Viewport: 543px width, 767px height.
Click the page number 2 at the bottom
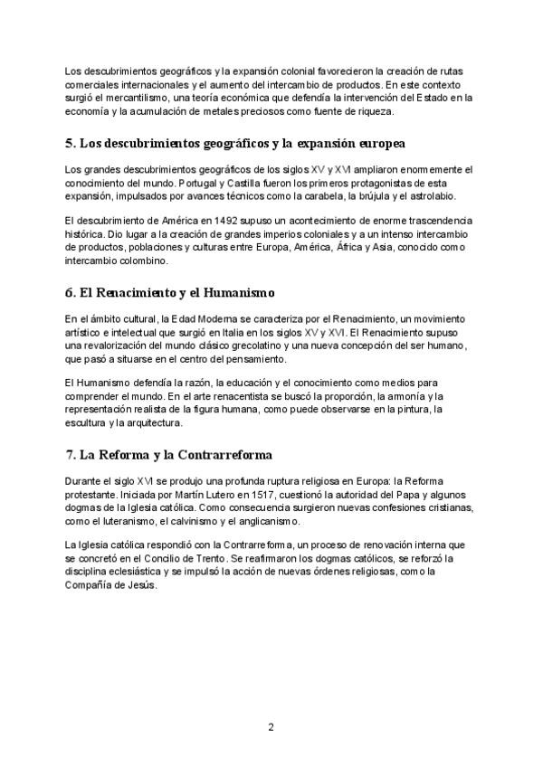pyautogui.click(x=271, y=726)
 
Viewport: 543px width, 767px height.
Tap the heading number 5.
pyautogui.click(x=71, y=144)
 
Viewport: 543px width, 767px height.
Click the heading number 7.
pyautogui.click(x=71, y=453)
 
